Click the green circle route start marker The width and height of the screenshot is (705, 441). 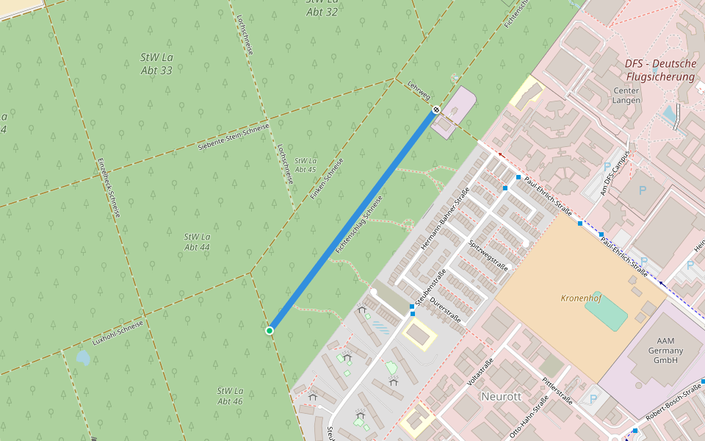270,331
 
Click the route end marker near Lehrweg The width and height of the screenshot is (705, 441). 436,110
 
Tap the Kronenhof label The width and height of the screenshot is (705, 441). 582,298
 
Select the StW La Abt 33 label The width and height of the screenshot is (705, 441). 156,64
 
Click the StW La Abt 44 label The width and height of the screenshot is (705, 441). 197,243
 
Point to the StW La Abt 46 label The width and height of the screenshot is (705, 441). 230,396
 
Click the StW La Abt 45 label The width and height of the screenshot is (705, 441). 305,165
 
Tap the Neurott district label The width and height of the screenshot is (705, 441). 501,396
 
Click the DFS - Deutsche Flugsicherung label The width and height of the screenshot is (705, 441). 660,70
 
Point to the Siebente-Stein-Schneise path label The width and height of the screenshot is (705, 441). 234,137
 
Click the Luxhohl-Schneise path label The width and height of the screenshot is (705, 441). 117,331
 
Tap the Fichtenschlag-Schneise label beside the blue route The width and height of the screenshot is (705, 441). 359,225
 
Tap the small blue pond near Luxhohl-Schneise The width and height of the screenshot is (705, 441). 83,358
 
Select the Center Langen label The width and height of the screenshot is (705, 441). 626,96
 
